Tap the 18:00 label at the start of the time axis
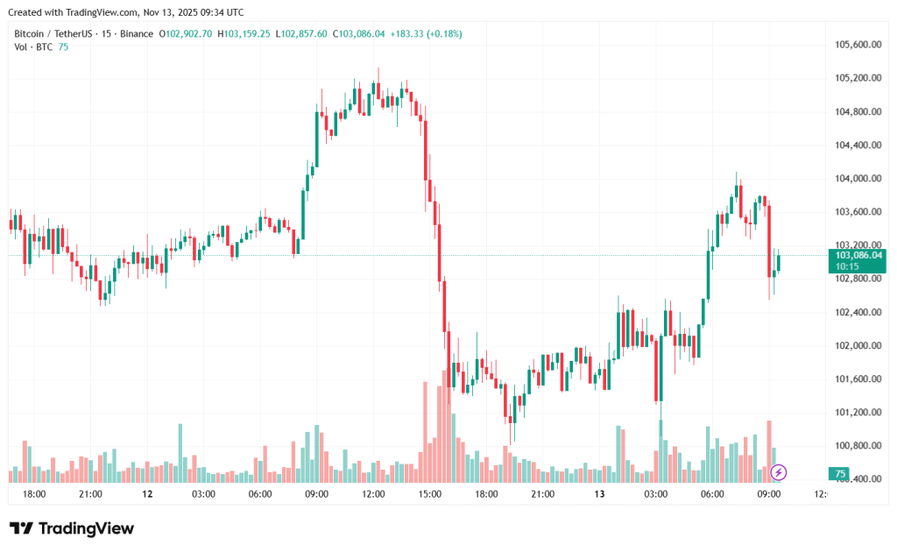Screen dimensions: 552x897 tap(34, 494)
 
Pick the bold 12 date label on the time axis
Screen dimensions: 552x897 tap(147, 494)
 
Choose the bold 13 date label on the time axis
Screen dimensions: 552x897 tap(599, 494)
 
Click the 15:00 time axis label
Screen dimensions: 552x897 tap(430, 494)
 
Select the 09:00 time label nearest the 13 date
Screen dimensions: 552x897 tap(769, 494)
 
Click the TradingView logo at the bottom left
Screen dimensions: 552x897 tap(72, 528)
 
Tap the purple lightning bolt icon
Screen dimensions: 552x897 tap(779, 473)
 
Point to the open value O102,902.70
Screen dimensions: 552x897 tap(185, 33)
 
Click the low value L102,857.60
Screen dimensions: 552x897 tap(302, 33)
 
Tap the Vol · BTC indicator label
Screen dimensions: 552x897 tap(33, 46)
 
